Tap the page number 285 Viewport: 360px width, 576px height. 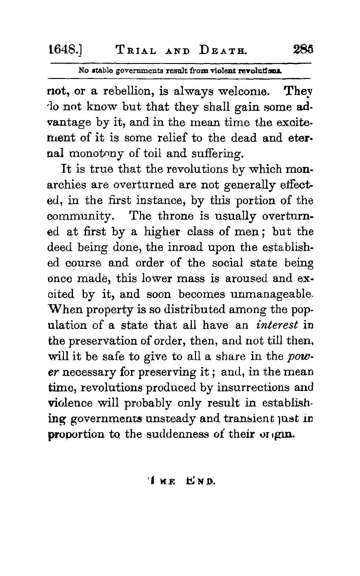(x=303, y=50)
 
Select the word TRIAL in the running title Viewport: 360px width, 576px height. (x=137, y=50)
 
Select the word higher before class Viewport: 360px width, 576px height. (x=162, y=232)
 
